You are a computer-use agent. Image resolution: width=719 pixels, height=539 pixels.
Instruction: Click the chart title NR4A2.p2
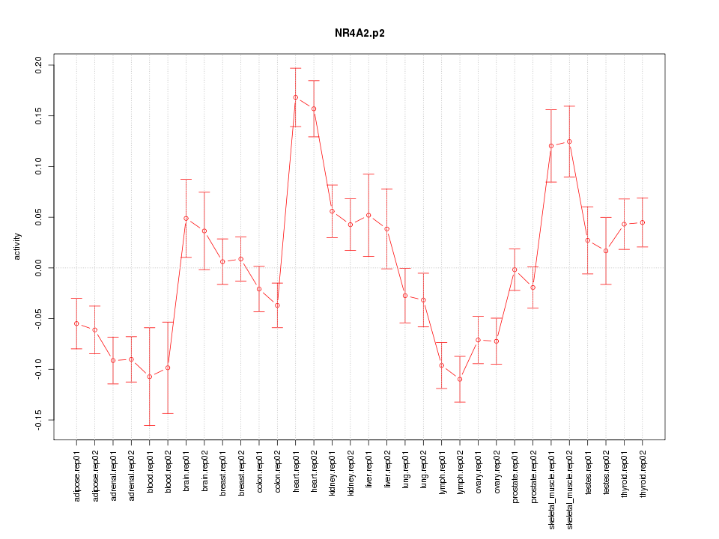click(x=359, y=34)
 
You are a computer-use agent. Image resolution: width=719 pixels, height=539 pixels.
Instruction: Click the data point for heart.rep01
click(x=296, y=97)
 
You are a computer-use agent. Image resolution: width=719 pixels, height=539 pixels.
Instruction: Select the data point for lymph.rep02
click(x=460, y=379)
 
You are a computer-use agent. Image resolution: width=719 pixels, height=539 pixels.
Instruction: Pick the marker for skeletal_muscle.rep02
click(x=569, y=141)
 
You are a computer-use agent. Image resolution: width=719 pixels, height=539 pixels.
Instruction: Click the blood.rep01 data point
click(x=150, y=377)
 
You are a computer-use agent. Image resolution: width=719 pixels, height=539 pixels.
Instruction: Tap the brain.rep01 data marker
click(x=186, y=218)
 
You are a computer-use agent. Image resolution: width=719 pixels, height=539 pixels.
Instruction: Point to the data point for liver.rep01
click(x=368, y=215)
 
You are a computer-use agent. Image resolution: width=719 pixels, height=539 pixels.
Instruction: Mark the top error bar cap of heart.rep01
click(x=296, y=68)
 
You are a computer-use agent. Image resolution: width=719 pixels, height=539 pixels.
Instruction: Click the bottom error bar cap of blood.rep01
click(x=150, y=425)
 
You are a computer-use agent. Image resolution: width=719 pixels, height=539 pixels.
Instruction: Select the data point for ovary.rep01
click(x=478, y=340)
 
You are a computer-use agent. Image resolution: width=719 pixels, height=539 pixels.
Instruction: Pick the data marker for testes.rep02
click(x=606, y=251)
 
